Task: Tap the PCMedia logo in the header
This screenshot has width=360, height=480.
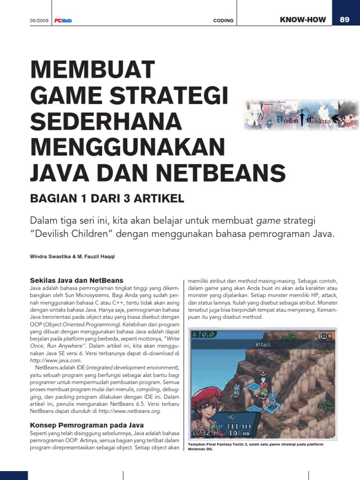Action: pyautogui.click(x=63, y=21)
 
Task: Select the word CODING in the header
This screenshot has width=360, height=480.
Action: pyautogui.click(x=223, y=21)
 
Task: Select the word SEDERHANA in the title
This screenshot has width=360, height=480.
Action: pyautogui.click(x=105, y=122)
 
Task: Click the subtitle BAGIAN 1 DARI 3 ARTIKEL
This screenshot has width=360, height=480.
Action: pyautogui.click(x=107, y=199)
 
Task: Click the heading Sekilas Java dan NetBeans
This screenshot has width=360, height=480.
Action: pyautogui.click(x=77, y=280)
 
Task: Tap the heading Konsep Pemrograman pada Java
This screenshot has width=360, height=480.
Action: pyautogui.click(x=87, y=425)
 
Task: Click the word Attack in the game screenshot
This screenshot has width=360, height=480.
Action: pyautogui.click(x=263, y=345)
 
